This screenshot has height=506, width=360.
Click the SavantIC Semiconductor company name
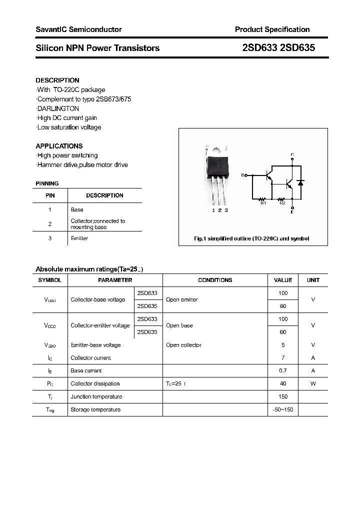[x=78, y=29]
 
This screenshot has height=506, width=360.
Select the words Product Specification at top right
[x=272, y=29]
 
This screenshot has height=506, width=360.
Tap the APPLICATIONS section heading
[x=59, y=146]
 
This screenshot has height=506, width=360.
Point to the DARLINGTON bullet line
[x=58, y=108]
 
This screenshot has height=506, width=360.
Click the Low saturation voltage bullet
[x=69, y=127]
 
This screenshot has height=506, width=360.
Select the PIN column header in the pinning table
[x=50, y=195]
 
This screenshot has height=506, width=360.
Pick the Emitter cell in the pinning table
[x=79, y=238]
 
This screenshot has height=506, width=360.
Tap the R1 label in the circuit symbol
[x=263, y=203]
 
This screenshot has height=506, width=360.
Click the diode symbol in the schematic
[x=300, y=183]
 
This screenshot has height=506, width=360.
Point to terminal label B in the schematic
[x=242, y=175]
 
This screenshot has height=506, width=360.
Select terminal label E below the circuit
[x=292, y=212]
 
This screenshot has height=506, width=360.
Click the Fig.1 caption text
[x=251, y=238]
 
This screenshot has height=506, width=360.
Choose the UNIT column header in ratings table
[x=313, y=280]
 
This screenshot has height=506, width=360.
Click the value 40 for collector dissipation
[x=283, y=384]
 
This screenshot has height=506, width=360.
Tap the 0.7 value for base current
[x=283, y=371]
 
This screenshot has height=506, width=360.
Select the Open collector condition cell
[x=183, y=345]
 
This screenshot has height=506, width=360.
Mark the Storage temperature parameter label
[x=95, y=410]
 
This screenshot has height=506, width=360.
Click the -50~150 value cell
[x=283, y=410]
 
